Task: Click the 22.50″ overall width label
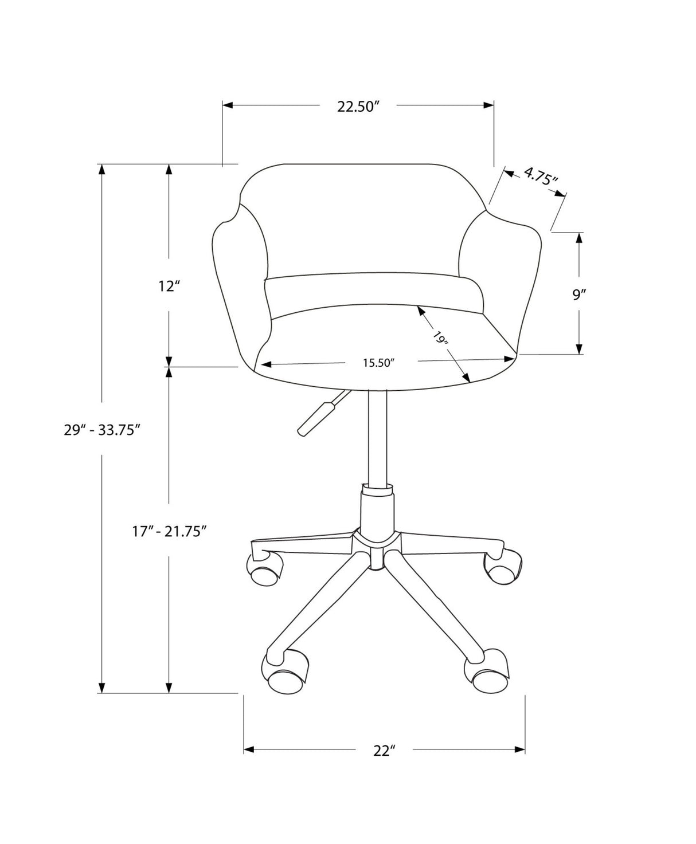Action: pyautogui.click(x=358, y=107)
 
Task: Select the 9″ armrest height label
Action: pyautogui.click(x=579, y=295)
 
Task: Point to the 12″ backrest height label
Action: pyautogui.click(x=169, y=286)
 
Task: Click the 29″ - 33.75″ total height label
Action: pyautogui.click(x=102, y=430)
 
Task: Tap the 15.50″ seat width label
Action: pyautogui.click(x=380, y=362)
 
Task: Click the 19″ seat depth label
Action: pyautogui.click(x=441, y=339)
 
